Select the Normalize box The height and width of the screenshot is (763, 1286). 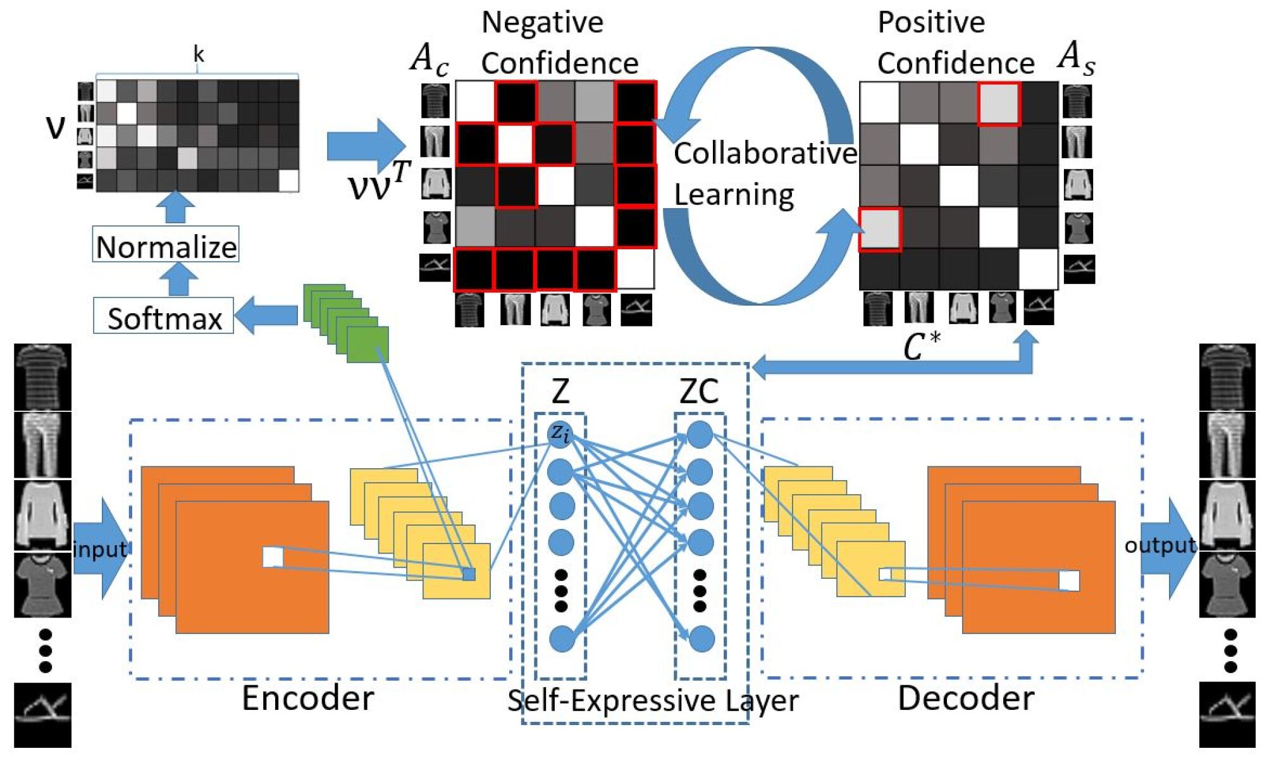coord(166,245)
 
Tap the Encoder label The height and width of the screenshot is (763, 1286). coord(307,698)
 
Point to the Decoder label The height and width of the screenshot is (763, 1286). coord(965,698)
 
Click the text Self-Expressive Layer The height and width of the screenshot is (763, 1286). coord(652,700)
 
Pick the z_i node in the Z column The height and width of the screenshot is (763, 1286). coord(560,434)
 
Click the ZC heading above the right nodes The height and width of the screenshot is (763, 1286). coord(699,391)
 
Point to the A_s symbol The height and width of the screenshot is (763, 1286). coord(1075,57)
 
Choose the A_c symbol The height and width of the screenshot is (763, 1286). coord(430,59)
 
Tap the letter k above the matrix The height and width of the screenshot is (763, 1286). coord(198,54)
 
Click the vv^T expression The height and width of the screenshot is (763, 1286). coord(379,181)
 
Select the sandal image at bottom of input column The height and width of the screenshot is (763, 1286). coord(42,715)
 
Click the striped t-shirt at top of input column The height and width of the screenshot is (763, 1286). coord(42,377)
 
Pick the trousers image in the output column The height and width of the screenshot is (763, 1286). coord(1227,444)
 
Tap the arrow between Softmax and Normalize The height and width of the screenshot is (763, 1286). coord(179,279)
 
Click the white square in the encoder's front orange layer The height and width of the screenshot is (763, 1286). coord(273,557)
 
